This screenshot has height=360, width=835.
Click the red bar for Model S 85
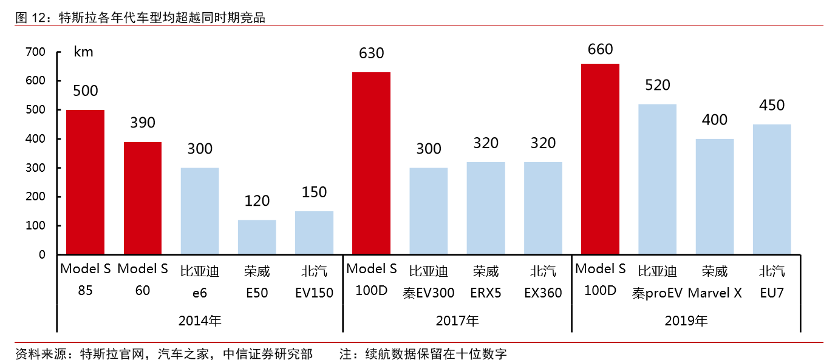pyautogui.click(x=85, y=182)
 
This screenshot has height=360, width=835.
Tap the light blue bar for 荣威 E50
pyautogui.click(x=257, y=237)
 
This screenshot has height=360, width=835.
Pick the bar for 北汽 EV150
pyautogui.click(x=314, y=233)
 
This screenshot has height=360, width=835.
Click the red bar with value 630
pyautogui.click(x=372, y=163)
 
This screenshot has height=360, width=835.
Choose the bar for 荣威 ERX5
pyautogui.click(x=486, y=208)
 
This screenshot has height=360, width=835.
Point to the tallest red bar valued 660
pyautogui.click(x=600, y=159)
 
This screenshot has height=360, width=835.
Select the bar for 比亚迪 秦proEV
pyautogui.click(x=657, y=179)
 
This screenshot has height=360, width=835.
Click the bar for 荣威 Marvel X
pyautogui.click(x=715, y=197)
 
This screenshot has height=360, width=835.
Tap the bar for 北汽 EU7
pyautogui.click(x=772, y=189)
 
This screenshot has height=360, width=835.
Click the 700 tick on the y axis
pyautogui.click(x=36, y=52)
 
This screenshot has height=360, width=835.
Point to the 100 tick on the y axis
pyautogui.click(x=36, y=226)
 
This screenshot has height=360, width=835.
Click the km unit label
pyautogui.click(x=83, y=52)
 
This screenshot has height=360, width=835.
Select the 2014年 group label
pyautogui.click(x=200, y=321)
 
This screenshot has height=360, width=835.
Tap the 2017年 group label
pyautogui.click(x=457, y=321)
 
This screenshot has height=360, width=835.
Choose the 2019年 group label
pyautogui.click(x=686, y=321)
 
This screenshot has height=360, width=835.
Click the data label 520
pyautogui.click(x=657, y=85)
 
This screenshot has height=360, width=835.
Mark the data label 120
pyautogui.click(x=257, y=201)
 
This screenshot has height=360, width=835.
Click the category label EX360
pyautogui.click(x=543, y=293)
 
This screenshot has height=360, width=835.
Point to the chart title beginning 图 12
pyautogui.click(x=140, y=18)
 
